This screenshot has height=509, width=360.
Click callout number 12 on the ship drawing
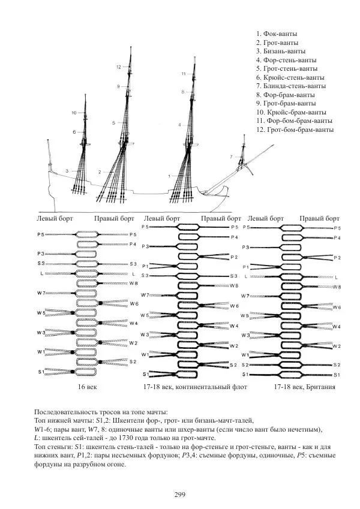pos(119,67)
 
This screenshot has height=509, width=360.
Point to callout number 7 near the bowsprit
pos(231,156)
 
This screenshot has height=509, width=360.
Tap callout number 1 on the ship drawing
pos(169,176)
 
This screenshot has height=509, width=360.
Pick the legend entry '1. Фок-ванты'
pos(277,34)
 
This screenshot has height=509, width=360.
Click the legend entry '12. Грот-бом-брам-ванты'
pos(295,129)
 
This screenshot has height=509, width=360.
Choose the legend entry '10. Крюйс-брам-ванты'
pos(291,112)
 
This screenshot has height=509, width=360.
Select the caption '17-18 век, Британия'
pos(304,388)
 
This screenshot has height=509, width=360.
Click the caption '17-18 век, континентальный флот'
pos(195,388)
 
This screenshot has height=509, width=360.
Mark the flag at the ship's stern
pos(48,143)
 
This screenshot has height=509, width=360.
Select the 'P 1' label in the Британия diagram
pos(245,266)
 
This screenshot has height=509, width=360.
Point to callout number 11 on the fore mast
pos(184,73)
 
